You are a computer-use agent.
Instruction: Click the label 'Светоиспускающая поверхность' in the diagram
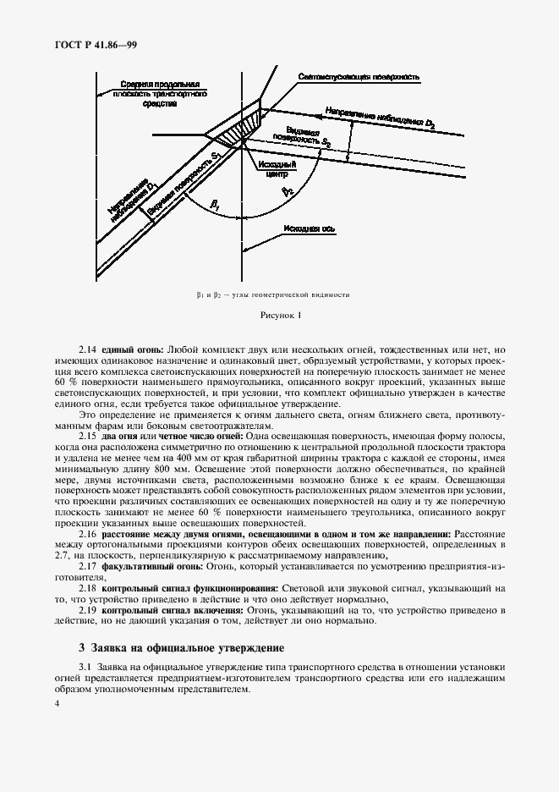tap(359, 77)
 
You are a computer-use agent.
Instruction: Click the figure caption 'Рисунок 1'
tap(279, 315)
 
